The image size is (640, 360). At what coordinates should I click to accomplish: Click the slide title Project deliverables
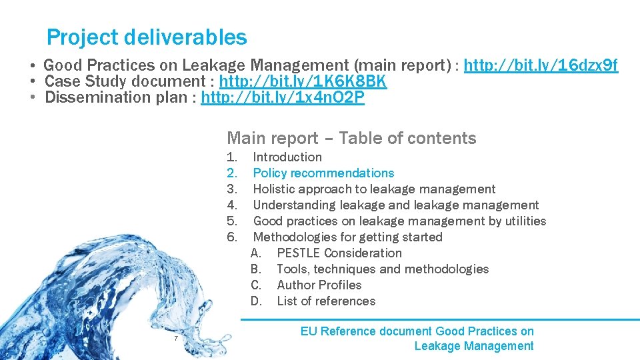pyautogui.click(x=147, y=37)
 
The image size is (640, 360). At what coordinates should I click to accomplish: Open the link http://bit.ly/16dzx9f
pyautogui.click(x=541, y=65)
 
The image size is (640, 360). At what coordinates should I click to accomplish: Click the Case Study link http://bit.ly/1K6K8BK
pyautogui.click(x=303, y=81)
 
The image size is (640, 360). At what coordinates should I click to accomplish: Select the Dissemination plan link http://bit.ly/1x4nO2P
pyautogui.click(x=283, y=97)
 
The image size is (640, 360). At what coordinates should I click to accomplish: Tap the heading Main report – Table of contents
pyautogui.click(x=351, y=138)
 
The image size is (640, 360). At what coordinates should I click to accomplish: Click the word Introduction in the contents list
pyautogui.click(x=287, y=157)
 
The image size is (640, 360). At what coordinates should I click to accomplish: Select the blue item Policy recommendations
pyautogui.click(x=323, y=173)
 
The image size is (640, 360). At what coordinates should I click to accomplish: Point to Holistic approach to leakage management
pyautogui.click(x=374, y=189)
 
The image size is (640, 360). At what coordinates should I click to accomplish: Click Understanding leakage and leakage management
pyautogui.click(x=396, y=205)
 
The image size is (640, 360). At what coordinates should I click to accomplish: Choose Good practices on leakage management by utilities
pyautogui.click(x=399, y=221)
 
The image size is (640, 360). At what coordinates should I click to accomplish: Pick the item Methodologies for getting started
pyautogui.click(x=347, y=237)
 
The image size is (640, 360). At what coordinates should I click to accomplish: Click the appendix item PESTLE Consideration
pyautogui.click(x=339, y=253)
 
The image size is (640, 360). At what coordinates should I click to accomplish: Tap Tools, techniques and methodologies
pyautogui.click(x=382, y=269)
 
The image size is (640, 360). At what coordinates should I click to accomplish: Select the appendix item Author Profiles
pyautogui.click(x=319, y=285)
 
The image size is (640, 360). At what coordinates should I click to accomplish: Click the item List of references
pyautogui.click(x=326, y=301)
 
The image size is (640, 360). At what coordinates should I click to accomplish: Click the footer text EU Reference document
pyautogui.click(x=366, y=331)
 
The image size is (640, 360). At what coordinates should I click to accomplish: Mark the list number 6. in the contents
pyautogui.click(x=232, y=237)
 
